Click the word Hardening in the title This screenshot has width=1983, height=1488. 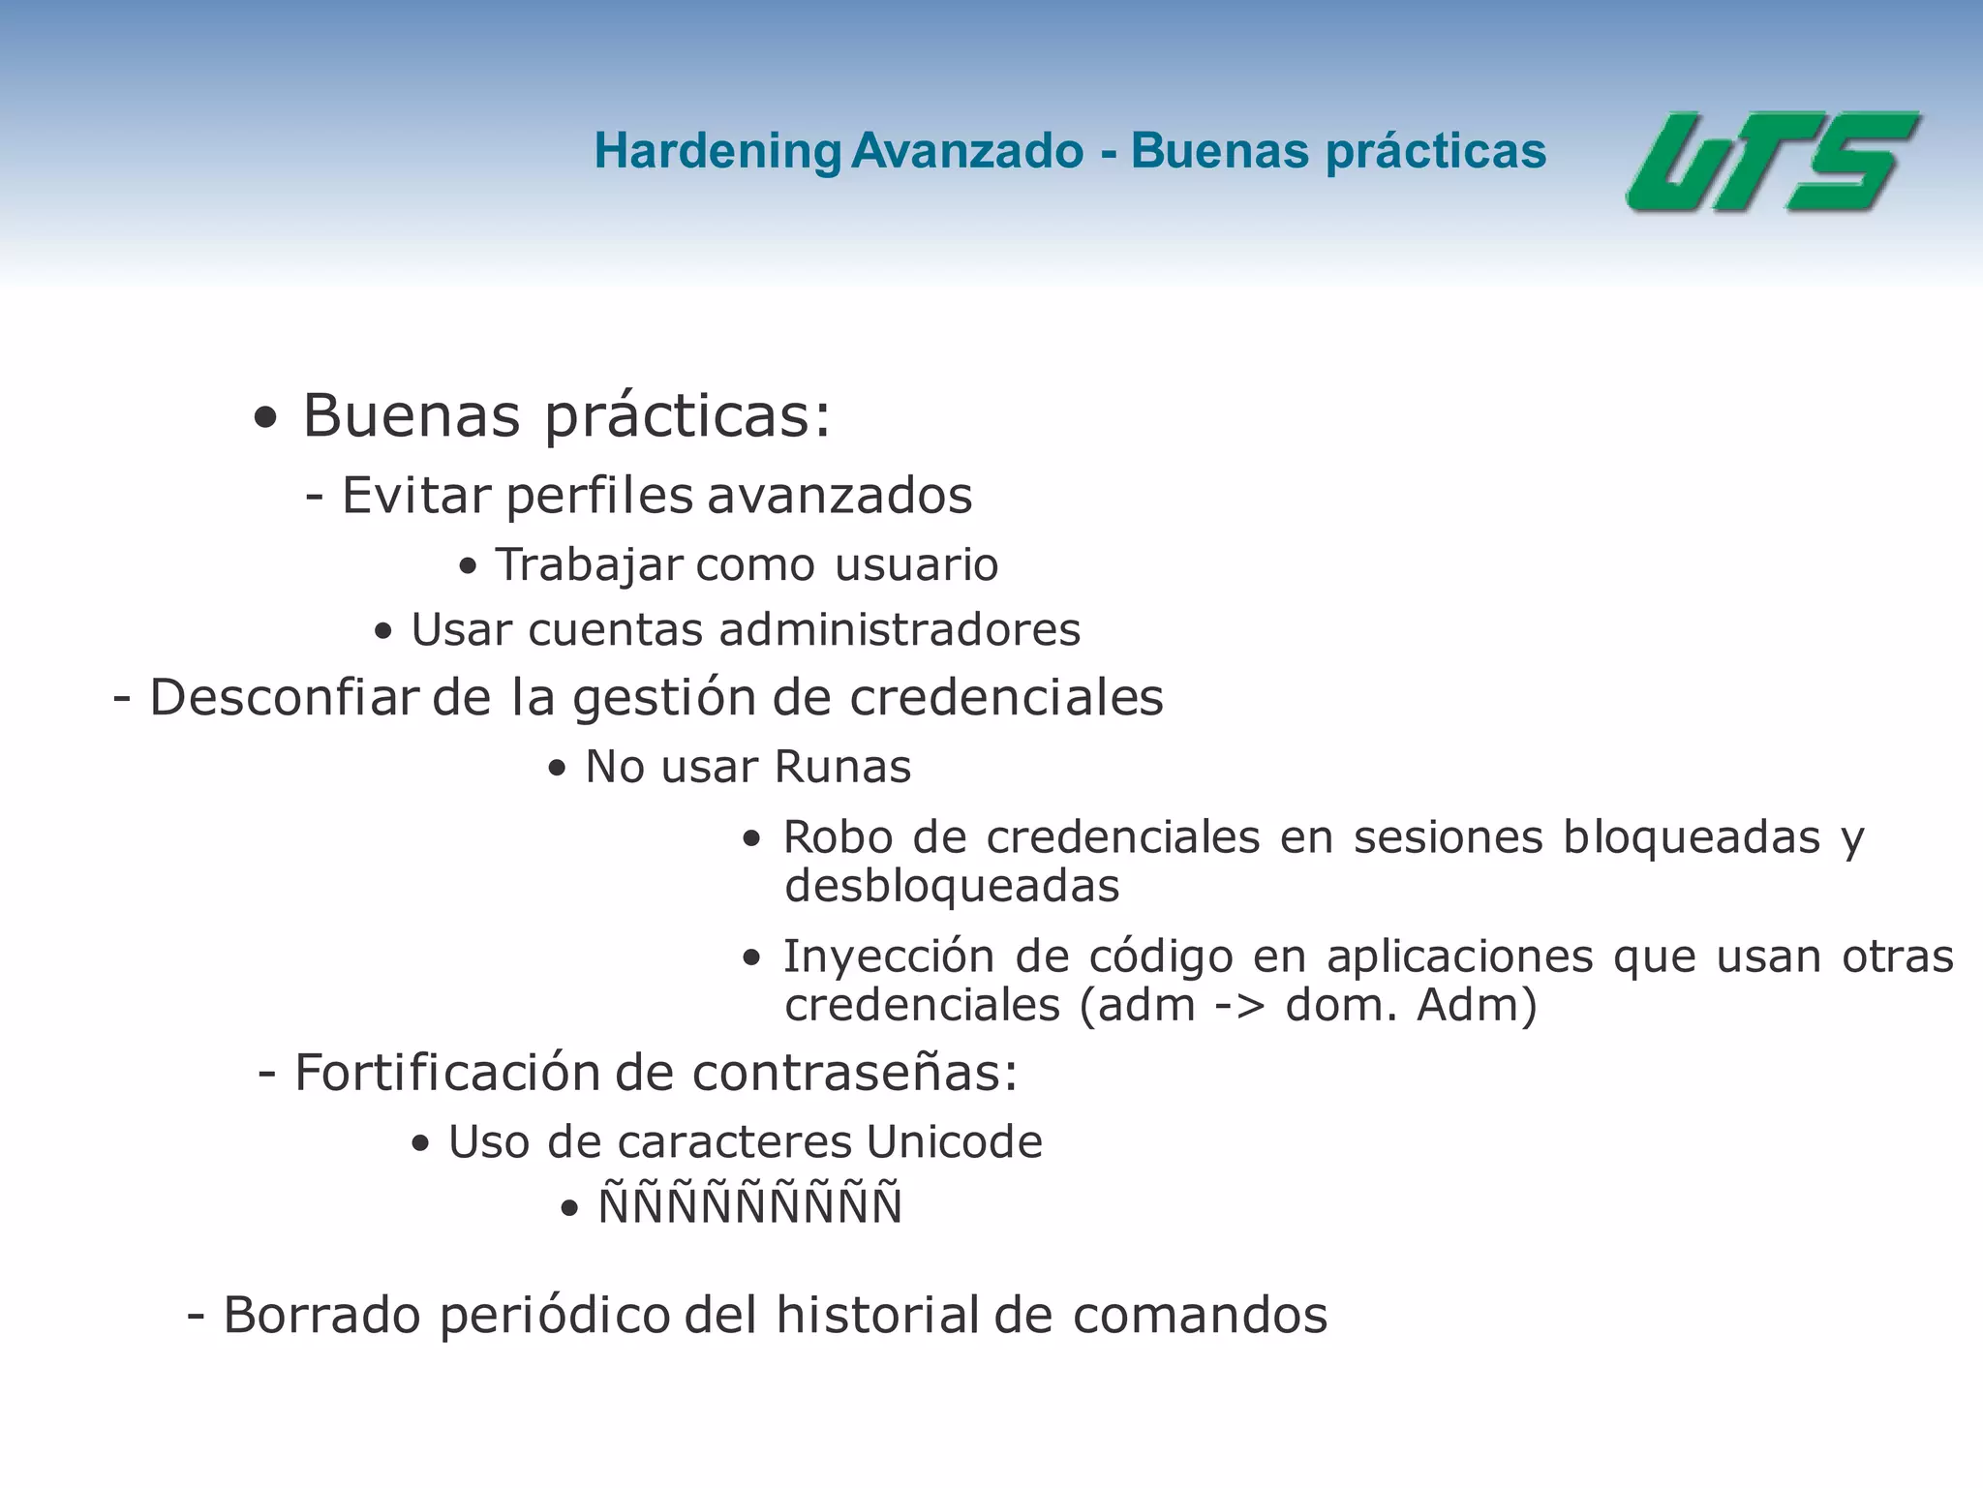(717, 152)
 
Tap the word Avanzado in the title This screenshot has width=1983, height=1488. (967, 151)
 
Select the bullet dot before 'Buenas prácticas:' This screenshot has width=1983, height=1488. (265, 419)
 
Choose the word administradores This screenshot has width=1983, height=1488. (900, 630)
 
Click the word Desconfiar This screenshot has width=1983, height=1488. (285, 698)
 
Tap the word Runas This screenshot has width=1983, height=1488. (843, 767)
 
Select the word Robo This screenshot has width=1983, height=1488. (839, 837)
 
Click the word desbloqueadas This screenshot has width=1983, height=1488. (952, 886)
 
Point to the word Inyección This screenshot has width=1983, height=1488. (888, 957)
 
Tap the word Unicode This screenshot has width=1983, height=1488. (954, 1142)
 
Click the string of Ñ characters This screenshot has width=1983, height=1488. (750, 1206)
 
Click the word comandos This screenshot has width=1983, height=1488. (1200, 1316)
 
